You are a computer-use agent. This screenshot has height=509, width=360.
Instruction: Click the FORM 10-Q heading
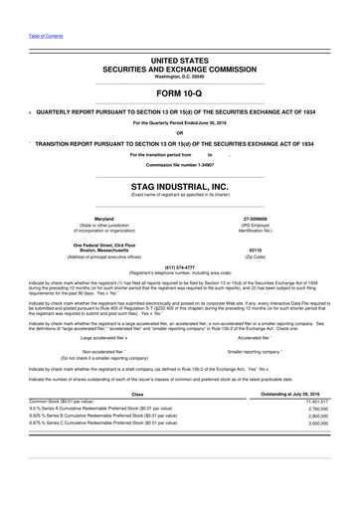(x=180, y=93)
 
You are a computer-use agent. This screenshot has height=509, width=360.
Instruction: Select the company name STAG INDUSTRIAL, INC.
(x=180, y=186)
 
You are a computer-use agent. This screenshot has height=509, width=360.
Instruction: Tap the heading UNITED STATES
(x=180, y=61)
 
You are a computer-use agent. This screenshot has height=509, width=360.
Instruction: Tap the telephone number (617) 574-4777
(x=180, y=266)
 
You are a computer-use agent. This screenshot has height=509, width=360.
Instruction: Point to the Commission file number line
(x=180, y=164)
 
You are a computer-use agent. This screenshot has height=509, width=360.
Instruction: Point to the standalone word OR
(x=180, y=132)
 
